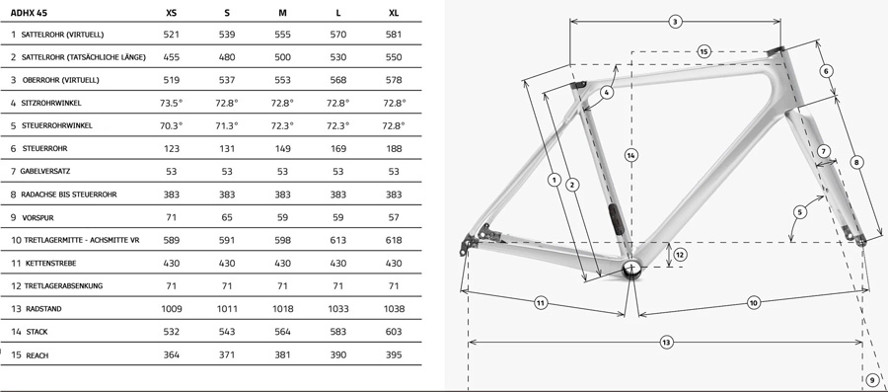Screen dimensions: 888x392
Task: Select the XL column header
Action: click(394, 13)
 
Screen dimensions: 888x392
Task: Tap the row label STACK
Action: click(37, 332)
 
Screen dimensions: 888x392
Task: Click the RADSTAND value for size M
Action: click(282, 309)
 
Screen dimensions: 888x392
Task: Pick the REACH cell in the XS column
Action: click(171, 354)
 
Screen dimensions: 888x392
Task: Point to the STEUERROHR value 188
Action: click(394, 148)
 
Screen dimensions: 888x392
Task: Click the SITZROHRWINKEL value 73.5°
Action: click(171, 103)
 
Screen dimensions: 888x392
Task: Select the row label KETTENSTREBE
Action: click(50, 264)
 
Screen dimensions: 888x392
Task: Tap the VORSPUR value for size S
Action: click(227, 217)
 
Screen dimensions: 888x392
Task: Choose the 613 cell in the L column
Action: click(338, 240)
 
